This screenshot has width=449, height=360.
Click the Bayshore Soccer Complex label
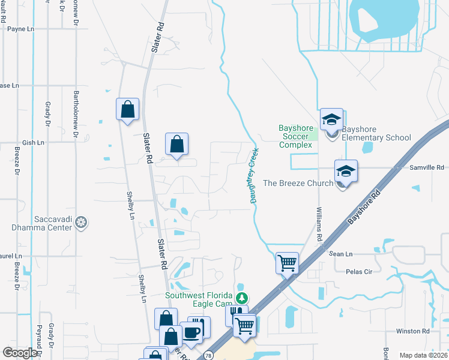pyautogui.click(x=295, y=136)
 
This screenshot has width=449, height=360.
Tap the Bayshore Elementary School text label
pyautogui.click(x=376, y=133)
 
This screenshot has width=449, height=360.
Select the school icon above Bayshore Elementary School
pyautogui.click(x=331, y=120)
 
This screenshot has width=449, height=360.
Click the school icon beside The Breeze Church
pyautogui.click(x=346, y=172)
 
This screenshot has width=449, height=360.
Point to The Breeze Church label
pyautogui.click(x=298, y=183)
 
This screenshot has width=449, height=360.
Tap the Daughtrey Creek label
pyautogui.click(x=254, y=175)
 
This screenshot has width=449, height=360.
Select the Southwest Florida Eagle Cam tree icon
pyautogui.click(x=241, y=298)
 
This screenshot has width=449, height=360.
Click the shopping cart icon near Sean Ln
pyautogui.click(x=287, y=262)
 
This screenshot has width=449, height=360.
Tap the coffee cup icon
pyautogui.click(x=191, y=332)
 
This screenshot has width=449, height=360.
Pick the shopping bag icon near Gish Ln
pyautogui.click(x=176, y=145)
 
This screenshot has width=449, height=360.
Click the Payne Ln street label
pyautogui.click(x=20, y=28)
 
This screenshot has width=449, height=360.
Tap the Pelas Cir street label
pyautogui.click(x=360, y=271)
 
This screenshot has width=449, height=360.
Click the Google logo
pyautogui.click(x=20, y=353)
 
